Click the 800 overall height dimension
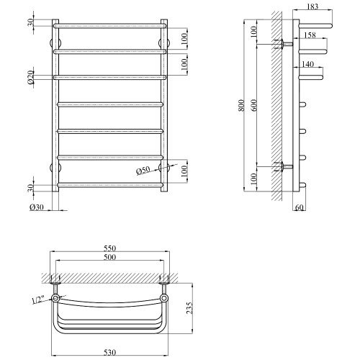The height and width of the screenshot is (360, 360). [x=242, y=105]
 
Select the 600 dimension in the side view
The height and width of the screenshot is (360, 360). [x=254, y=105]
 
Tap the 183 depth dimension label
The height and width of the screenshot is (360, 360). [x=312, y=6]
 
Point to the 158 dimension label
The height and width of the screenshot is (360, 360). [x=310, y=35]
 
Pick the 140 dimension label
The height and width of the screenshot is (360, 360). [x=307, y=64]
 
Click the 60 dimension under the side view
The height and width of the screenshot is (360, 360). [x=299, y=207]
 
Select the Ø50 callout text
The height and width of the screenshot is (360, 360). [x=143, y=171]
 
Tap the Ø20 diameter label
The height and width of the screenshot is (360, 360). [x=31, y=77]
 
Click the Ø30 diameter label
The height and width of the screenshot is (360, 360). [x=37, y=207]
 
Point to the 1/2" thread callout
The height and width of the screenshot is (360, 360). [x=38, y=300]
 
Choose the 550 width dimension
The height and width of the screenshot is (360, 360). [x=109, y=248]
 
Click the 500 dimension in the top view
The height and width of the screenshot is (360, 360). [x=109, y=257]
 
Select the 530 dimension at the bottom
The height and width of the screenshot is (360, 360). [x=109, y=353]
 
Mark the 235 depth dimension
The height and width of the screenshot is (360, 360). [x=189, y=308]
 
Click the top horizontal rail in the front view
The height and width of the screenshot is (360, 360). [x=110, y=26]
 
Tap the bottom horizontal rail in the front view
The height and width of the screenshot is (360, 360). [x=110, y=185]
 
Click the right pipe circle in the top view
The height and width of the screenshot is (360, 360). [x=164, y=298]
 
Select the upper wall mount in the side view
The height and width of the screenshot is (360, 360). [x=287, y=44]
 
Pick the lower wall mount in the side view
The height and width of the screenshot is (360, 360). [x=287, y=166]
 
